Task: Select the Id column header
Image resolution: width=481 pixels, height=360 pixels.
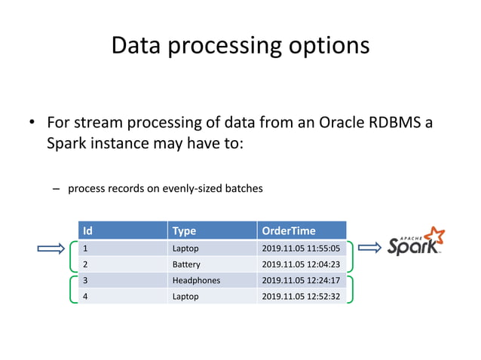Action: point(87,230)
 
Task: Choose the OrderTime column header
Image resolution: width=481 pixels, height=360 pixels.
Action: point(286,230)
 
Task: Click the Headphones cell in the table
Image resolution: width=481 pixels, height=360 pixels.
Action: point(196,280)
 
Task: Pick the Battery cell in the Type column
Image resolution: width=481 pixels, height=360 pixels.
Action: point(186,264)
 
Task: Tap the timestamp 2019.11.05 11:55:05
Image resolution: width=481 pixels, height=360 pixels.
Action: point(301,248)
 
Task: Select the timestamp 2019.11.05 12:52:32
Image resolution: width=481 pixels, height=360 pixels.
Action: point(301,297)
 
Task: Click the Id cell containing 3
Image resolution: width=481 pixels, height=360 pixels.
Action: point(85,280)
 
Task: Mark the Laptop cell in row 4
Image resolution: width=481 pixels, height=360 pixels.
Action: point(185,297)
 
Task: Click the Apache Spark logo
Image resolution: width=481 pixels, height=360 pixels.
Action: point(415,243)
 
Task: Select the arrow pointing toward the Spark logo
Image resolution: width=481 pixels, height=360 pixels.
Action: point(369,247)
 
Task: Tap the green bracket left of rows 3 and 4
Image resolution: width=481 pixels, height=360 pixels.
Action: point(72,288)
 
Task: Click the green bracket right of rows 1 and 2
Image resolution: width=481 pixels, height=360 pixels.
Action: point(351,256)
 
